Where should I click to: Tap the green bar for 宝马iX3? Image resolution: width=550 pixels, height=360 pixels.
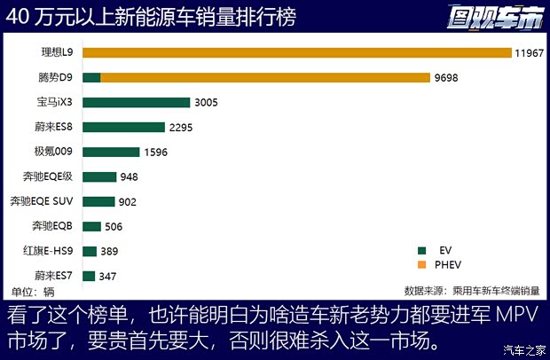pyautogui.click(x=136, y=102)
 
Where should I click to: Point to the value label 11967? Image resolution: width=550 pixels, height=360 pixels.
pyautogui.click(x=529, y=53)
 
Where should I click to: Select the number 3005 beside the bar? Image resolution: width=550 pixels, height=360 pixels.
pyautogui.click(x=208, y=103)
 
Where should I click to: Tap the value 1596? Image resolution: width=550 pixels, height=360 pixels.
pyautogui.click(x=156, y=153)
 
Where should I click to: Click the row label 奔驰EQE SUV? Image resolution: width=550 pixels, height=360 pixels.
pyautogui.click(x=43, y=201)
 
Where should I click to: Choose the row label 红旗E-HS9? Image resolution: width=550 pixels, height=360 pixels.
pyautogui.click(x=48, y=251)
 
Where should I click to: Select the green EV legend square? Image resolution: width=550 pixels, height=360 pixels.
pyautogui.click(x=423, y=251)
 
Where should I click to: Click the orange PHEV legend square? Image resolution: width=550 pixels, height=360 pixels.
pyautogui.click(x=423, y=264)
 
